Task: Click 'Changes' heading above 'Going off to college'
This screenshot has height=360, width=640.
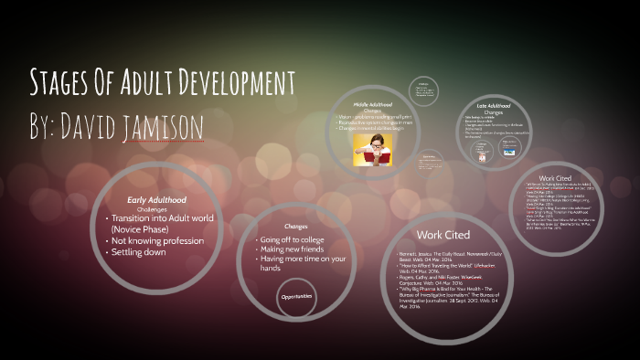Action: pyautogui.click(x=295, y=225)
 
